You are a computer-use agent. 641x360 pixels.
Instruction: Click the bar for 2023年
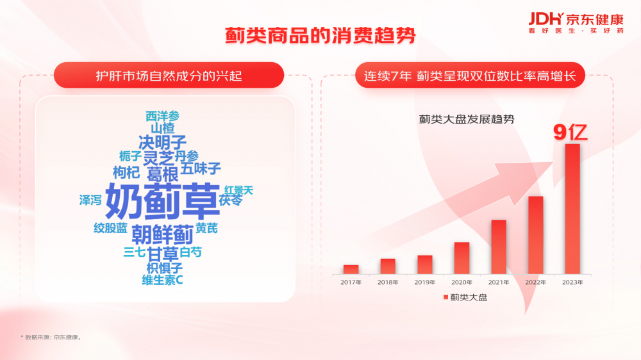click(572, 209)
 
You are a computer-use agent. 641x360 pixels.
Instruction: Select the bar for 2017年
click(351, 269)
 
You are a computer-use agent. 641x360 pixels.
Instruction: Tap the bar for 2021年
click(499, 247)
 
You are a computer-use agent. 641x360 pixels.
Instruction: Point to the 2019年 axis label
click(425, 282)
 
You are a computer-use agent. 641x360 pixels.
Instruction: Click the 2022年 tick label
click(535, 282)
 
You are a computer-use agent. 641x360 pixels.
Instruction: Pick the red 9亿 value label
click(570, 132)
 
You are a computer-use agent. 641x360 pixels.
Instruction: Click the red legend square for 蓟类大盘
click(445, 297)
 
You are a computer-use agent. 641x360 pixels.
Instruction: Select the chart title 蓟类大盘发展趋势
click(467, 119)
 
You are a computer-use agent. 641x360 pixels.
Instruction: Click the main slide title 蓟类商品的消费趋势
click(320, 35)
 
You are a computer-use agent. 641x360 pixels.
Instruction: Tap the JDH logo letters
click(546, 19)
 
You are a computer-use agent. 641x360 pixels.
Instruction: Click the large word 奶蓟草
click(163, 201)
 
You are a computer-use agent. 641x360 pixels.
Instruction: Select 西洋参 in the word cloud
click(163, 116)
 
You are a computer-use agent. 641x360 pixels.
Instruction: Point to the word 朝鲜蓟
click(162, 234)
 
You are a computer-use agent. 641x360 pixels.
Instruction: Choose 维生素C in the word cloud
click(162, 280)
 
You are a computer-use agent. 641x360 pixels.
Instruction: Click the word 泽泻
click(90, 200)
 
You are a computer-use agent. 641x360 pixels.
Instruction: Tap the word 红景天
click(238, 190)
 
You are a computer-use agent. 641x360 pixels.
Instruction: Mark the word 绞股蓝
click(110, 228)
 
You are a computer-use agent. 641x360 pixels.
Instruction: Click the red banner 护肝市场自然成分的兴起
click(169, 75)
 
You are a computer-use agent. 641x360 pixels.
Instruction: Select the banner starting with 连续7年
click(470, 75)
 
